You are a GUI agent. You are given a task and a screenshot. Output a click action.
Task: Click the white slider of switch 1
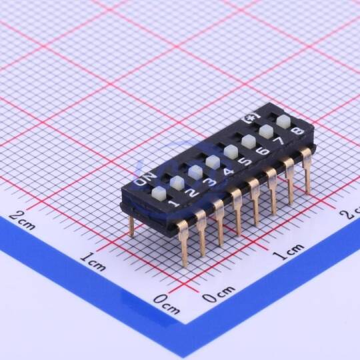pos(159,193)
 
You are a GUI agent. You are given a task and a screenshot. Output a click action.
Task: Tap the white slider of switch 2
pos(177,183)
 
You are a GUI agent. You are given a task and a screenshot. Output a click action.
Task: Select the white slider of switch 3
pos(195,172)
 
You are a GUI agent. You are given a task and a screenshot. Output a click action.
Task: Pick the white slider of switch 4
pos(213,162)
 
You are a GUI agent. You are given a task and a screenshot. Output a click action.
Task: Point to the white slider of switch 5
pos(231,152)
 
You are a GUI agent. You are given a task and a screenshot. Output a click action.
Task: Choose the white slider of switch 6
pos(249,141)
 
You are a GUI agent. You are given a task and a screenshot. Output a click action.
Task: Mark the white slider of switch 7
pos(266,132)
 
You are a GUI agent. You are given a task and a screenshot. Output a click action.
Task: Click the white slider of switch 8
pos(284,122)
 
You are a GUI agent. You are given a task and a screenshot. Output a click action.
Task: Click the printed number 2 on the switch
pos(193,193)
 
